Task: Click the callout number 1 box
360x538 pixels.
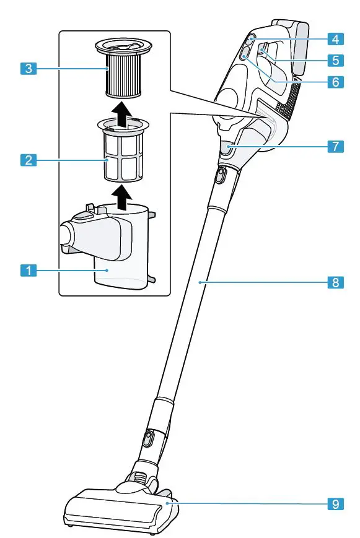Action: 27,270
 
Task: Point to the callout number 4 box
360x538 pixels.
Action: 335,40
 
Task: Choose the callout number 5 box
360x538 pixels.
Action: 335,60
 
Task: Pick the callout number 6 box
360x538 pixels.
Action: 335,81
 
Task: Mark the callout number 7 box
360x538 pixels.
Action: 335,147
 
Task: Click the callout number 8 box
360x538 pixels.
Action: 335,282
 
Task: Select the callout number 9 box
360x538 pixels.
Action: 335,504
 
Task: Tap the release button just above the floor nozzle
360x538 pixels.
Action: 147,440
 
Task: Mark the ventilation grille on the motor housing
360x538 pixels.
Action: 290,102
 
